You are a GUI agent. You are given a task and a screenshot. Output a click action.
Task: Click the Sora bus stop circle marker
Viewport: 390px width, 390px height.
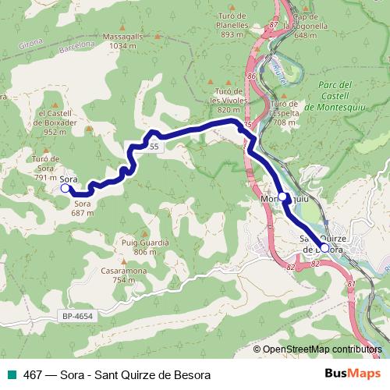point(65,187)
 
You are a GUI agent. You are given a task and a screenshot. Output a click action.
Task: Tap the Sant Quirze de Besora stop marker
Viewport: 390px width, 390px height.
point(324,247)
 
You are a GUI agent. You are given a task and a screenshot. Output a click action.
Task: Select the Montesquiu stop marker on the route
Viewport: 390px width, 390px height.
point(284,197)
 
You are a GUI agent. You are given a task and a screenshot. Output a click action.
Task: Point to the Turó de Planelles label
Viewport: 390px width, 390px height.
point(239,30)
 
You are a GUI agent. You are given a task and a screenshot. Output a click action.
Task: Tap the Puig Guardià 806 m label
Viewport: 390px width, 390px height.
point(145,247)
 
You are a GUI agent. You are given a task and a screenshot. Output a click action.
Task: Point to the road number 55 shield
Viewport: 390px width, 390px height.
point(154,146)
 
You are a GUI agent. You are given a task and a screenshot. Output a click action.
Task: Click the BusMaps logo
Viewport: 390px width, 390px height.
point(353,374)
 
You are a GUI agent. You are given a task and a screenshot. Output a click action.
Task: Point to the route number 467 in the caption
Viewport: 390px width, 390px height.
point(33,375)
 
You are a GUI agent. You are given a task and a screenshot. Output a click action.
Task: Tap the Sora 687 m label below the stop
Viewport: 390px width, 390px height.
point(83,207)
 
